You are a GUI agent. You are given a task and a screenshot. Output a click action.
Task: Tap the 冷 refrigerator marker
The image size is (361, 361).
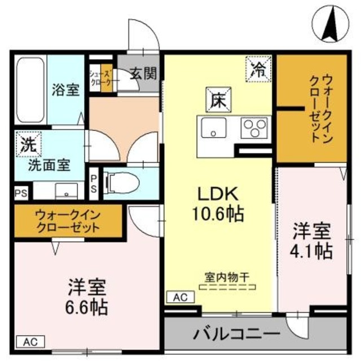[x=258, y=69]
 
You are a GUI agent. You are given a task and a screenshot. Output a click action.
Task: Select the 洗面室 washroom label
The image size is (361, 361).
[x=50, y=166]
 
